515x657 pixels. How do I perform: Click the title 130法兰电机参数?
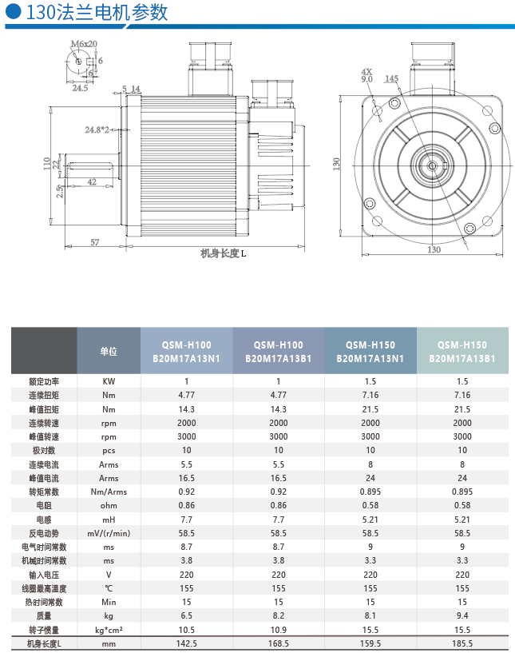97,12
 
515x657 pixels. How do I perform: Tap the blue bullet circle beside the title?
13,11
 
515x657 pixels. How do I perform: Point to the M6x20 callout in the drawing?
84,44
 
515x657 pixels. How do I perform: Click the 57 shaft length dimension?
95,242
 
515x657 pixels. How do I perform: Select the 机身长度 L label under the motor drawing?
224,253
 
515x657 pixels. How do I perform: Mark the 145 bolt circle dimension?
391,78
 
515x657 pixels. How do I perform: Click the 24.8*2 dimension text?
97,130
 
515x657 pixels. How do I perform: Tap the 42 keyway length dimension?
92,182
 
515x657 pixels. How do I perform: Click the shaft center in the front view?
432,166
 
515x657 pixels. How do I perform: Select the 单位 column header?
109,351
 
